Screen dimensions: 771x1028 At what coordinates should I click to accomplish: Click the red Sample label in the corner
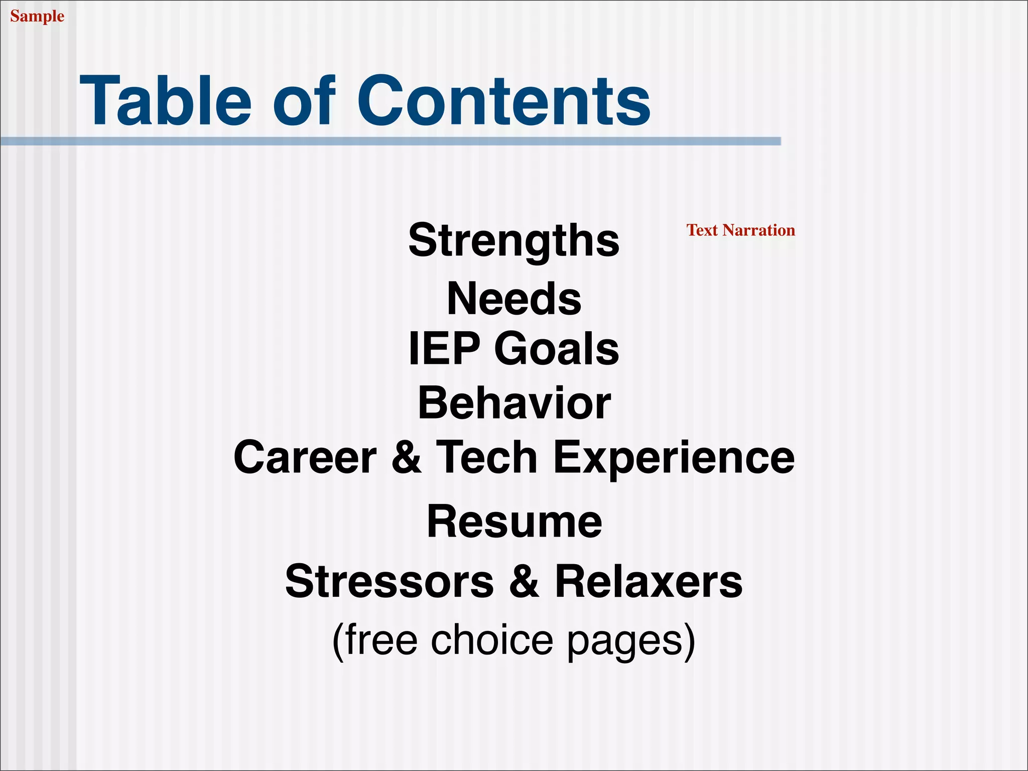point(37,16)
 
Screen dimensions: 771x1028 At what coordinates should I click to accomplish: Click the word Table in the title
point(165,100)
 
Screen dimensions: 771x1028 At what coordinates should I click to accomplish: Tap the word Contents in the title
point(503,100)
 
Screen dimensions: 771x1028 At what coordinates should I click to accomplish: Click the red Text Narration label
point(740,230)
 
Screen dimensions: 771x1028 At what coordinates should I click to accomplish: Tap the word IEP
point(444,348)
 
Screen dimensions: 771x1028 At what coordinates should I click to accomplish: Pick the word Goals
point(556,348)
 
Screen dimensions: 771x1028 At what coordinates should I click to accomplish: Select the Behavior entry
point(513,403)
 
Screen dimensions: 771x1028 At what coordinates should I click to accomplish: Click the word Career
point(305,457)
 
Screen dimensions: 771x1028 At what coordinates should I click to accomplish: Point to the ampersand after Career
point(406,457)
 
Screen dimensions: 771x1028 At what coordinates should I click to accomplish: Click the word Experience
point(674,457)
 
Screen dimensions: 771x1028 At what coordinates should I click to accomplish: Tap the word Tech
point(486,457)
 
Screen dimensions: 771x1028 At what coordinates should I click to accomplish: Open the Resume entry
point(513,522)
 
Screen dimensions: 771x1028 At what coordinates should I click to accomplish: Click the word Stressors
point(390,581)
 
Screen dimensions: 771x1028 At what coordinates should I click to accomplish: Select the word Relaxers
point(648,581)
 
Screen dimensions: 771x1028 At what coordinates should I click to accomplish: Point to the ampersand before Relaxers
point(524,581)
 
